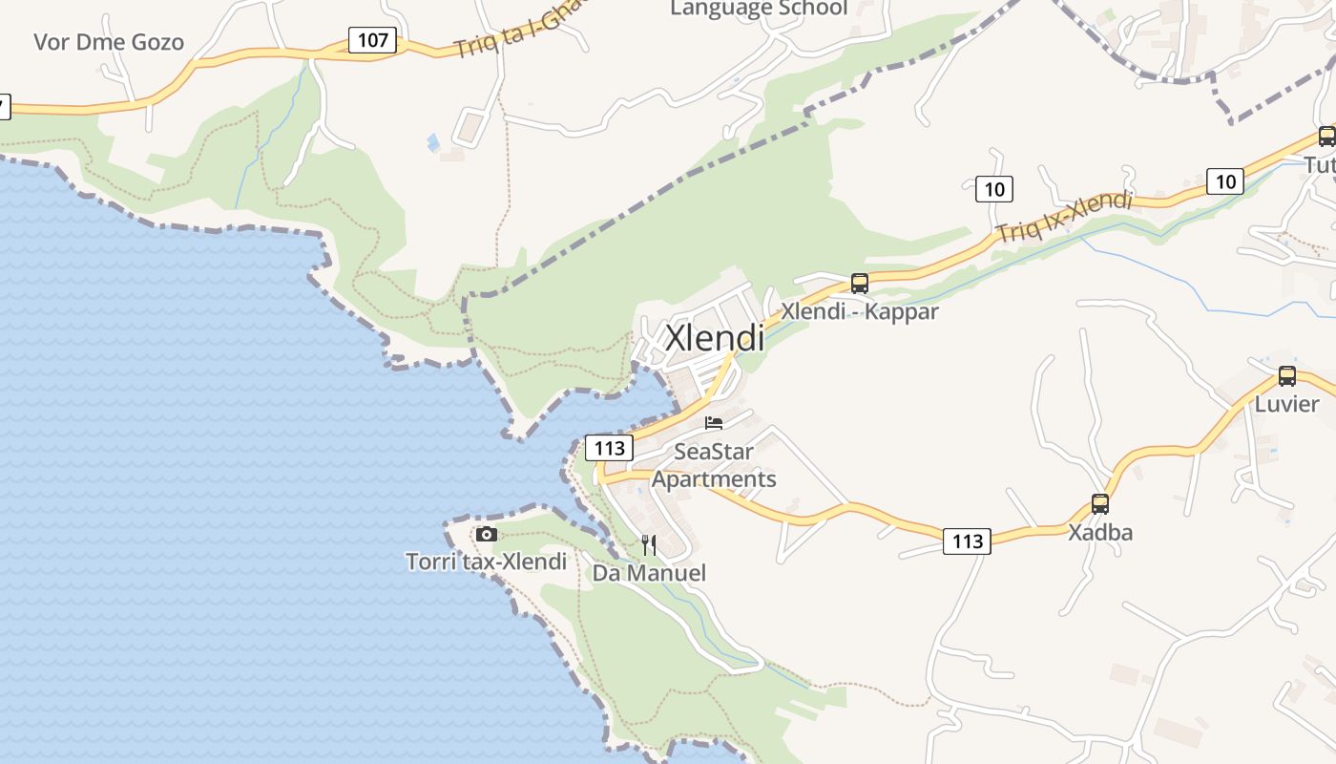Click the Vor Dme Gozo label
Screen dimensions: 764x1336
[x=109, y=42]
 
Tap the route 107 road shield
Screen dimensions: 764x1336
[x=372, y=40]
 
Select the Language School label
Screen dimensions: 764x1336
[x=759, y=9]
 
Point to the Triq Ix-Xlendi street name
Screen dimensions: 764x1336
[x=1064, y=218]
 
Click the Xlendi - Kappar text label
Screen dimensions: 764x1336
[x=860, y=311]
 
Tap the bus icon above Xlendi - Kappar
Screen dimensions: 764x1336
[x=860, y=284]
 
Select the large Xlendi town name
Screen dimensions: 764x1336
[x=715, y=338]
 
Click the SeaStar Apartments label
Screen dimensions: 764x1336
[x=714, y=465]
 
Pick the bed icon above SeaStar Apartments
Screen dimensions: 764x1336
[x=714, y=423]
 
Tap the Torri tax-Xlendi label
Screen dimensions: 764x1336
[x=487, y=562]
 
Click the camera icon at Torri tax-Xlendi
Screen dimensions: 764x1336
[x=487, y=534]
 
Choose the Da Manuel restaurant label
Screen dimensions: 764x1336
[x=649, y=573]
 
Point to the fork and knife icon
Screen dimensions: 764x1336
[x=649, y=545]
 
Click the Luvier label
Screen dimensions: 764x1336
[x=1286, y=404]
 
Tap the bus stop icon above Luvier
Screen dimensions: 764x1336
[x=1286, y=376]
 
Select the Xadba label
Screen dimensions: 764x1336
[x=1100, y=533]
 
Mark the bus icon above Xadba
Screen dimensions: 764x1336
[x=1100, y=504]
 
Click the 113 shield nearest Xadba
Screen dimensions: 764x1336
[x=968, y=541]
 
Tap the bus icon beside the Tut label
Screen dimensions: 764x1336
[x=1326, y=137]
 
